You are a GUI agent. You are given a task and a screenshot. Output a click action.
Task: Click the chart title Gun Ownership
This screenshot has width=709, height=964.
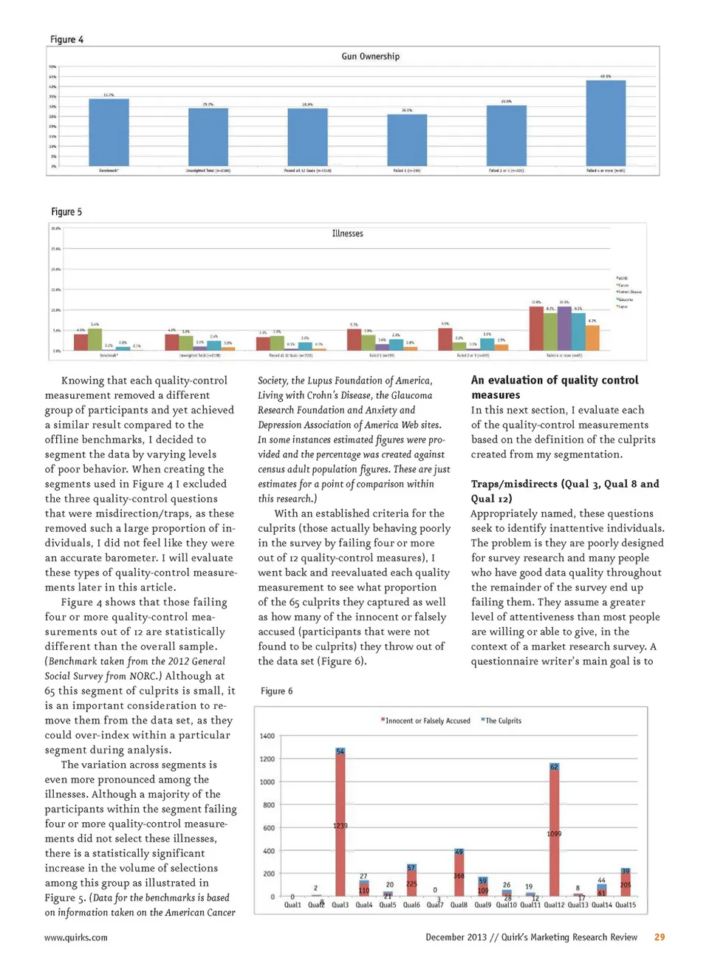tap(370, 56)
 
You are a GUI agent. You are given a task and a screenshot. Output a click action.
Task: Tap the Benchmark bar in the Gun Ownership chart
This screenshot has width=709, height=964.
tap(109, 132)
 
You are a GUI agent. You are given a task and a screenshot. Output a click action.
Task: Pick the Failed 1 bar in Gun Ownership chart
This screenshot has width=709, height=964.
tap(407, 140)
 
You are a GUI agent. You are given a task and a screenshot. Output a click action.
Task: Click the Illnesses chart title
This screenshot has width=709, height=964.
tap(347, 233)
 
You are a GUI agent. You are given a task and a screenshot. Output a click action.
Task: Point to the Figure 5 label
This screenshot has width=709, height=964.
tap(66, 212)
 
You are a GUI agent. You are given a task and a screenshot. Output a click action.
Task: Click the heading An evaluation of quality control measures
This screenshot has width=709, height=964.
tap(555, 387)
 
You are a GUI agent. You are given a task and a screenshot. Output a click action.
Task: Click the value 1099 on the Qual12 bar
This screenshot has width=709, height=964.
tap(554, 833)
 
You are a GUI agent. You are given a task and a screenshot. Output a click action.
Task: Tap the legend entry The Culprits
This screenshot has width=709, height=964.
tap(503, 721)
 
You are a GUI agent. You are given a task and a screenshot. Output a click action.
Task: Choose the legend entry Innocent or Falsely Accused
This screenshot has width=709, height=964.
tap(427, 721)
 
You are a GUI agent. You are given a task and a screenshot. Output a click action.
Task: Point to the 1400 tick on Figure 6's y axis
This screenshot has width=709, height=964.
tap(267, 736)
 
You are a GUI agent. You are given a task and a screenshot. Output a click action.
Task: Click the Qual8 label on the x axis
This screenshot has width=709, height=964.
tap(459, 905)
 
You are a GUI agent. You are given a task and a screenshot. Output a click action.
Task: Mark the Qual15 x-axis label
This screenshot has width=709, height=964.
tap(626, 905)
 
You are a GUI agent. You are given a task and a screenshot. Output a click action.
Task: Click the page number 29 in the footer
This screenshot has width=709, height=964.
tap(660, 937)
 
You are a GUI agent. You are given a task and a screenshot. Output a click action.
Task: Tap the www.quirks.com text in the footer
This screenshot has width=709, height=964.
tap(76, 937)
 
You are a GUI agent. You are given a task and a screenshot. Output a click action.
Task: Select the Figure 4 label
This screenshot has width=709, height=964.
tap(66, 40)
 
